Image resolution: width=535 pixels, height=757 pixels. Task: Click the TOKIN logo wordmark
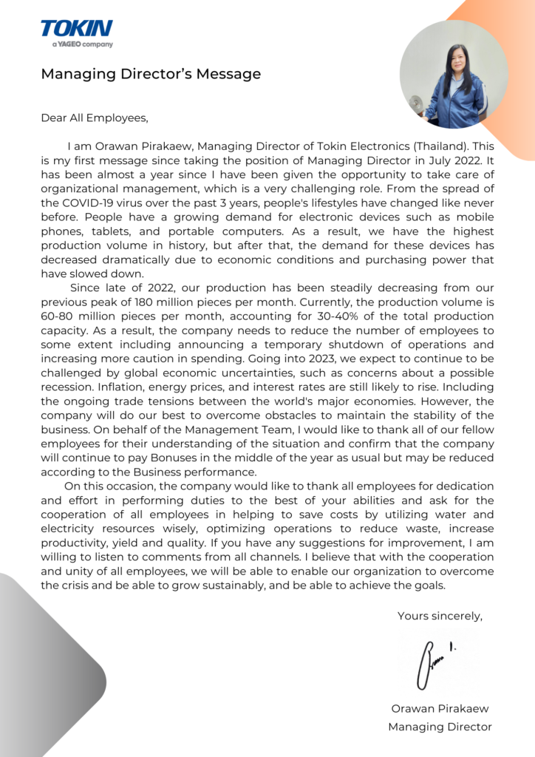(76, 29)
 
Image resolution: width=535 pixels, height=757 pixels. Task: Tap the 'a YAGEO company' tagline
(82, 44)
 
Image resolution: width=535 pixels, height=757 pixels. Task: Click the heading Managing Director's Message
(151, 74)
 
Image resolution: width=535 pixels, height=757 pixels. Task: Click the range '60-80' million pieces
(56, 316)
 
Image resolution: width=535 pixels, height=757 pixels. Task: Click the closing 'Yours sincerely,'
(440, 616)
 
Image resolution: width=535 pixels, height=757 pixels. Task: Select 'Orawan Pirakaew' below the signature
(440, 708)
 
